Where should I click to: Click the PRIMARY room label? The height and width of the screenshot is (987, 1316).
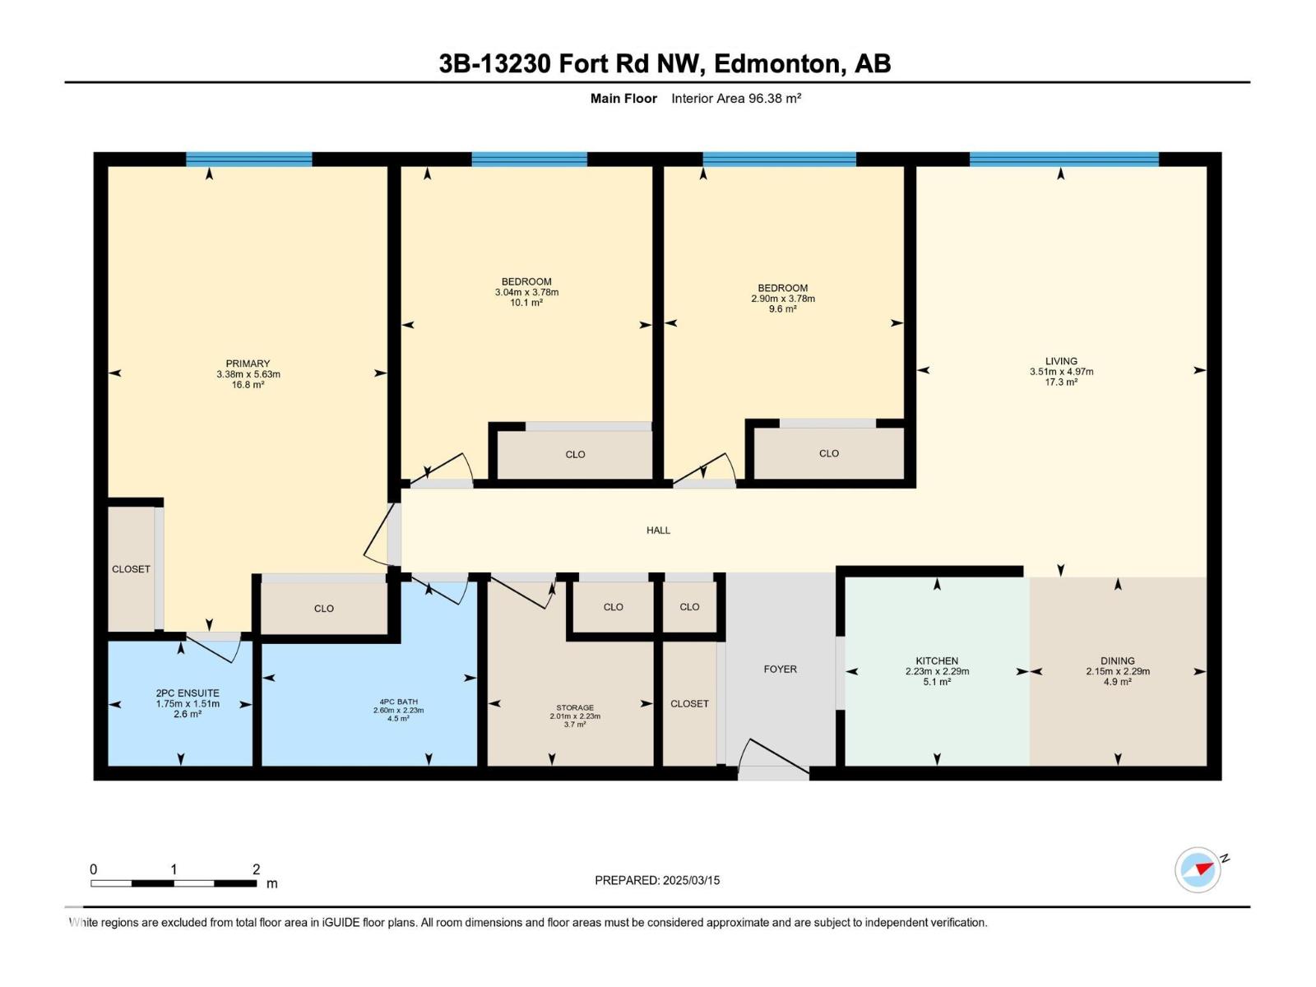tap(248, 364)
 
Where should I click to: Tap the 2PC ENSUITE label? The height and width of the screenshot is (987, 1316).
tap(188, 693)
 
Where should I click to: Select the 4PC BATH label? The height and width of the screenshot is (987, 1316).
tap(399, 702)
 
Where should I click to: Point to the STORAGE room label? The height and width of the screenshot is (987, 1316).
tap(575, 707)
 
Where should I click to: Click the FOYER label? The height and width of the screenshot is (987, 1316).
tap(780, 670)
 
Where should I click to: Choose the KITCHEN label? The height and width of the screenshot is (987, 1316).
tap(937, 661)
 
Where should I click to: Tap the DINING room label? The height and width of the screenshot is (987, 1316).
tap(1118, 661)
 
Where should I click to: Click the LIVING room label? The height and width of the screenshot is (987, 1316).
tap(1061, 361)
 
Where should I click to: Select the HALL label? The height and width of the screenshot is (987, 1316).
tap(658, 531)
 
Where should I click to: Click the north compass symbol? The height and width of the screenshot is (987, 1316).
tap(1198, 869)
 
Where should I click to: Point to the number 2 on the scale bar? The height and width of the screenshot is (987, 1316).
tap(257, 869)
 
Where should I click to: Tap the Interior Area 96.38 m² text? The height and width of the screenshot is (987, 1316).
tap(736, 98)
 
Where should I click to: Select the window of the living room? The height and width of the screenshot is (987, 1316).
tap(1064, 160)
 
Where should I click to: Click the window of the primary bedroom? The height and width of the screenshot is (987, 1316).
tap(249, 160)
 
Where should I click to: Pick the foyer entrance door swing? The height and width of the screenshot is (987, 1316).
tap(772, 757)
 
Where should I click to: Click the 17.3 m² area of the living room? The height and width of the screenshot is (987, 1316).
tap(1061, 382)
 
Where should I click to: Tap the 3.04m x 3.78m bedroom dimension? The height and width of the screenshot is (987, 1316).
tap(526, 293)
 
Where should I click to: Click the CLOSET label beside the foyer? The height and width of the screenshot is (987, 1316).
tap(689, 703)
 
